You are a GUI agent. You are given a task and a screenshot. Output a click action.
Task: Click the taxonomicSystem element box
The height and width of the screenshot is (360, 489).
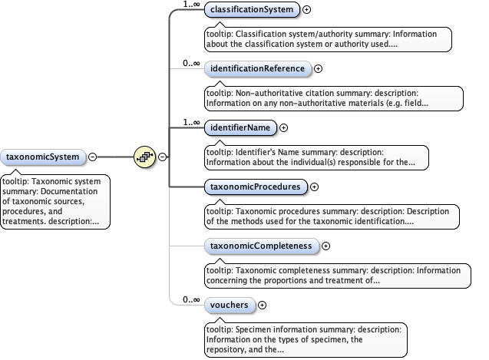pos(42,157)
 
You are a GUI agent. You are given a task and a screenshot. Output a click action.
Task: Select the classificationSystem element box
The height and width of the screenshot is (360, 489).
pos(252,10)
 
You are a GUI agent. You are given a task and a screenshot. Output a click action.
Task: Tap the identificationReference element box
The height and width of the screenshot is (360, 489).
pos(258,68)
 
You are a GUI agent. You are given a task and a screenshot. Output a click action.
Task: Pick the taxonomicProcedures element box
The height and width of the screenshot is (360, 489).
pos(256,186)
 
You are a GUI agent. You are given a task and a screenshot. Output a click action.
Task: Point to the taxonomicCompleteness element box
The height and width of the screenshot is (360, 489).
pos(261,246)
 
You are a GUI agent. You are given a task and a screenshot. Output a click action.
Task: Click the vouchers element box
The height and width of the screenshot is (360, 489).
pos(229,305)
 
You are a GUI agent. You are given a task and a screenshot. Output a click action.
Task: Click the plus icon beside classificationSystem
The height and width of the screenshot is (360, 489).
pos(307,10)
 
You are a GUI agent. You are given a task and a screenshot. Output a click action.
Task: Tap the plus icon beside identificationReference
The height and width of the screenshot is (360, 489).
pos(319,69)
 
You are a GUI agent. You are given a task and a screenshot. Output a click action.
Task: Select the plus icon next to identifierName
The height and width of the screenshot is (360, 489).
pos(283,127)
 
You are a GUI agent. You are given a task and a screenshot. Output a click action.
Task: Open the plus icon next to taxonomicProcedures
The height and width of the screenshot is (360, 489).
pos(314,187)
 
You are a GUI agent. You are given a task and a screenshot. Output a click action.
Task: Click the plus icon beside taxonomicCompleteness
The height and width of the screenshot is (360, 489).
pos(325,246)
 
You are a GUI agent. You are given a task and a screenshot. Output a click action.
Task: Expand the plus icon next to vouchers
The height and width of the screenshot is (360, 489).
pos(263,305)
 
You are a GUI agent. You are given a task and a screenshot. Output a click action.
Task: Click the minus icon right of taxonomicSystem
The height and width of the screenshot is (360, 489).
pos(92,157)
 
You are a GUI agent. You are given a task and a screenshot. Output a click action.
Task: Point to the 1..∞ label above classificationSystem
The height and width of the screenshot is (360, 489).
pos(193,5)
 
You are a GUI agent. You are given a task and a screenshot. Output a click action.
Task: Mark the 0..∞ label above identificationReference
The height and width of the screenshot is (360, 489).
pos(193,63)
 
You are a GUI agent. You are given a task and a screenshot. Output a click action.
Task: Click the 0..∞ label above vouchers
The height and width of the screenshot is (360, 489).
pos(193,299)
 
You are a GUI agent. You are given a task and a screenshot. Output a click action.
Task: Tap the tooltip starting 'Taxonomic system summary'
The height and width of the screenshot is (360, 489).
pos(55,201)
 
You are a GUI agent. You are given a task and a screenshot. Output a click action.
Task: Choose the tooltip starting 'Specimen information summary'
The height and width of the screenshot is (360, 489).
pos(305,338)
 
